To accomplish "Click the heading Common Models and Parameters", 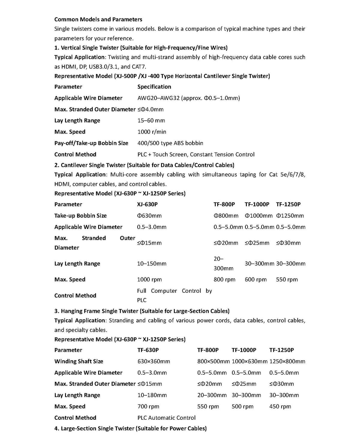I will tap(98, 20).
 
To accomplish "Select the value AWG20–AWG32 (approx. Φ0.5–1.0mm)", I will tap(188, 98).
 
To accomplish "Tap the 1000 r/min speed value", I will tap(151, 132).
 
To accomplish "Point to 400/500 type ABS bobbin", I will tap(170, 143).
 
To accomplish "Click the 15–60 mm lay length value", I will tap(151, 121).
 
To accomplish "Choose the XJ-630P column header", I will tap(147, 204).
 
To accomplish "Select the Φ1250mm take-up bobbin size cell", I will tap(290, 216).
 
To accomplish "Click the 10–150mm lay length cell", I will tap(151, 264).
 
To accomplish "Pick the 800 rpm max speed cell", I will tap(224, 279).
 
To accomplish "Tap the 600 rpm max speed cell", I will tap(256, 279).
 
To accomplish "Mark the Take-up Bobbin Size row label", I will tap(80, 216).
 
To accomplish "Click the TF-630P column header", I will tap(148, 350).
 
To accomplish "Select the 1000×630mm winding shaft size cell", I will tap(249, 361).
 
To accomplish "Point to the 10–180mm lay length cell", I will tap(152, 395).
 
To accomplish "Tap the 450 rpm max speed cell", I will tap(280, 406).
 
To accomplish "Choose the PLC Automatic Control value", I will tap(166, 418).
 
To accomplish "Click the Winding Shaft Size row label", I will tap(79, 361).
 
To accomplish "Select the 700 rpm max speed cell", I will tap(148, 406).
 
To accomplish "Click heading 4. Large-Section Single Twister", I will tap(130, 429).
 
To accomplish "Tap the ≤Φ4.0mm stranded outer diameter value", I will tap(150, 110).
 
